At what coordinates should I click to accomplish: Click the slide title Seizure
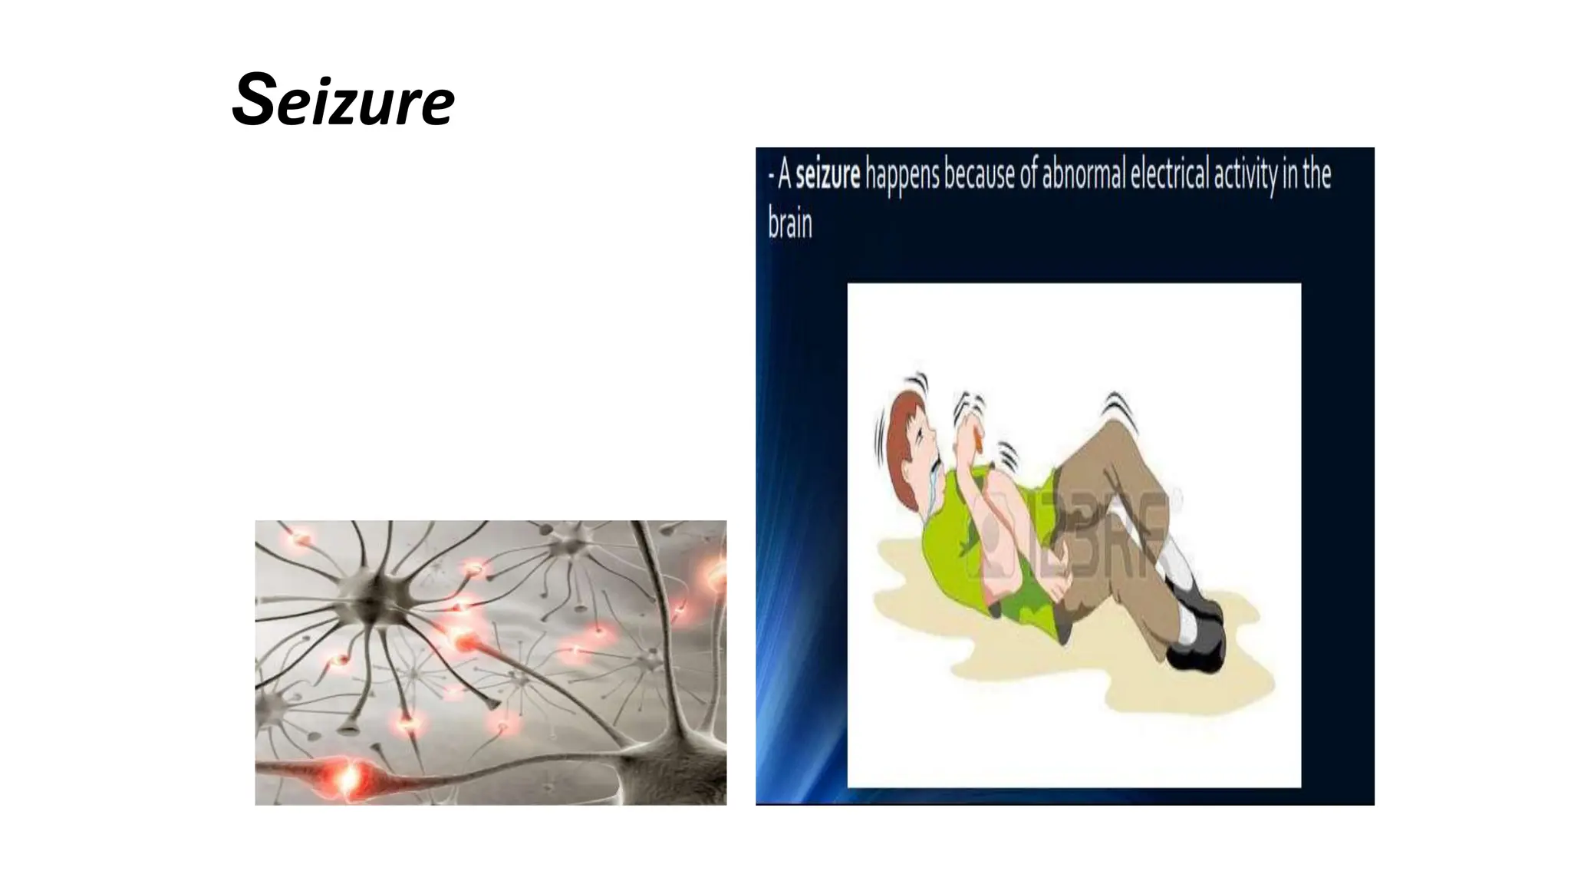click(x=343, y=100)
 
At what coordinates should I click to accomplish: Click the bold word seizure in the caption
click(x=828, y=176)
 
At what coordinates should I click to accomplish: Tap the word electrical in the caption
click(x=1169, y=176)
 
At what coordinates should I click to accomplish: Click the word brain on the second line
click(x=789, y=224)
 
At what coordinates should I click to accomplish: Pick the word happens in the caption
click(x=902, y=176)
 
